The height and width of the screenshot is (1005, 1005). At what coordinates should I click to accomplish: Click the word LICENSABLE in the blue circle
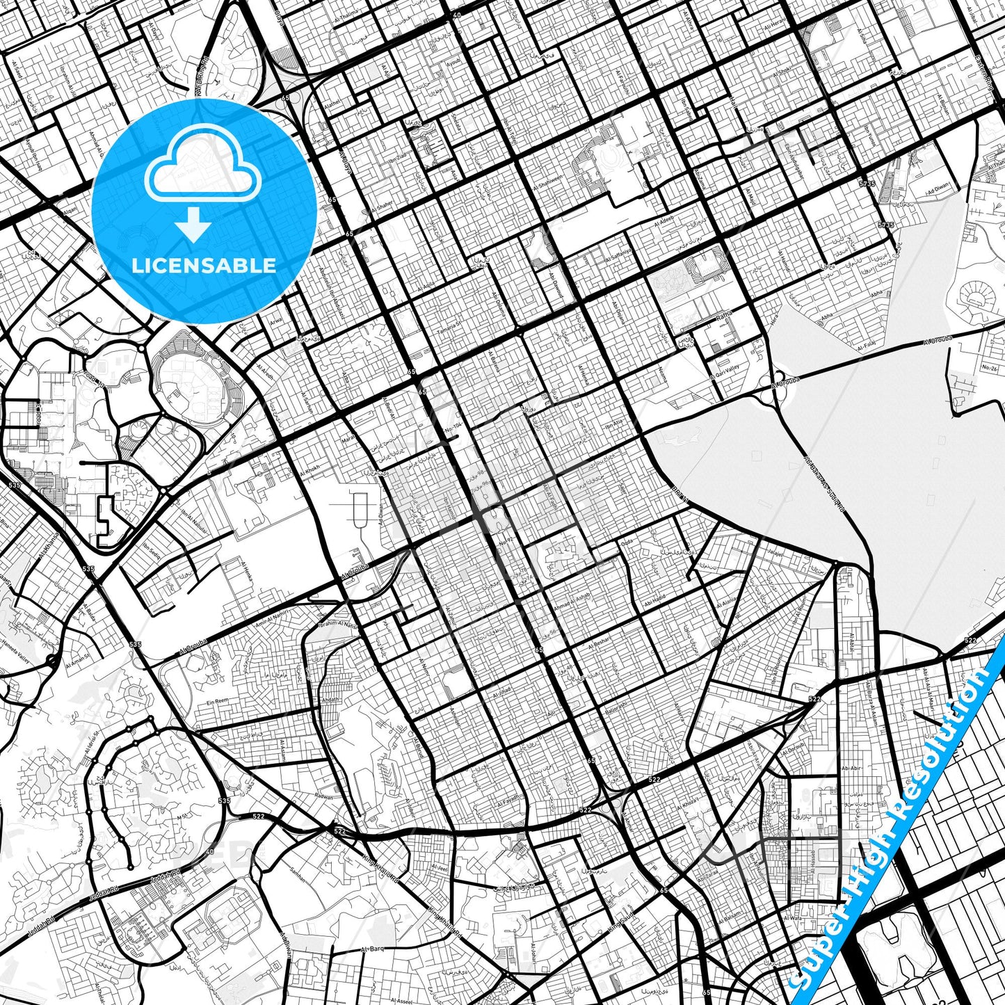[x=204, y=265]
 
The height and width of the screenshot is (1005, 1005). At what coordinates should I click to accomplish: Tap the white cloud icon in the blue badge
[x=202, y=166]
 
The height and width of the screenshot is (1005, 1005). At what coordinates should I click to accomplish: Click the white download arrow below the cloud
[x=193, y=225]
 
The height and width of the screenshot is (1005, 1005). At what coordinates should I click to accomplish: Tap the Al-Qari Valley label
[x=730, y=369]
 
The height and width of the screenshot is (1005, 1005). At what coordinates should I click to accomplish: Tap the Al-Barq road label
[x=372, y=949]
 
